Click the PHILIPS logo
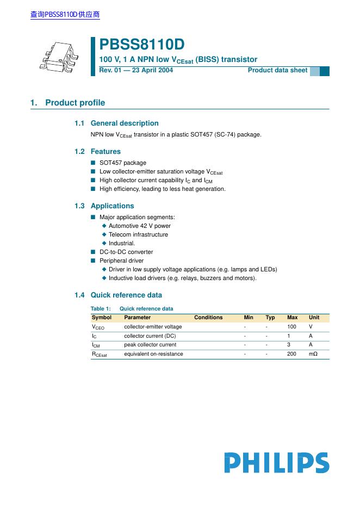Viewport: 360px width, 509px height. click(276, 463)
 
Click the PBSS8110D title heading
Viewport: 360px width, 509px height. click(142, 45)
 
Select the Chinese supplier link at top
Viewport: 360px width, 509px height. click(65, 15)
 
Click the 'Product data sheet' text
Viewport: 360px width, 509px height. click(277, 70)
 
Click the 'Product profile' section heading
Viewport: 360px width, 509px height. click(75, 103)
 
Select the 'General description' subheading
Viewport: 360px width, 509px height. click(125, 123)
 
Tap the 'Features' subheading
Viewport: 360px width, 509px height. click(105, 152)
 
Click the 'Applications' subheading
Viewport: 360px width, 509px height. click(112, 206)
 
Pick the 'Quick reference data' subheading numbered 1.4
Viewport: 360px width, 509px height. click(126, 295)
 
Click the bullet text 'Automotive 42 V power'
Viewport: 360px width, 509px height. click(140, 226)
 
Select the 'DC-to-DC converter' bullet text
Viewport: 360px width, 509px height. click(126, 252)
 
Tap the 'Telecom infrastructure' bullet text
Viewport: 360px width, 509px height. click(138, 234)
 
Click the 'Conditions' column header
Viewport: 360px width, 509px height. click(208, 318)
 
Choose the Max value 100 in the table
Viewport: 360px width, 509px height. click(292, 327)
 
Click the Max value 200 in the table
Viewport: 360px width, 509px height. click(292, 354)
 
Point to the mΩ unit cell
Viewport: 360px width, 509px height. click(313, 354)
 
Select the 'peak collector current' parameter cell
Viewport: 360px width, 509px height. click(150, 345)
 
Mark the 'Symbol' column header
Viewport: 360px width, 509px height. click(102, 318)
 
